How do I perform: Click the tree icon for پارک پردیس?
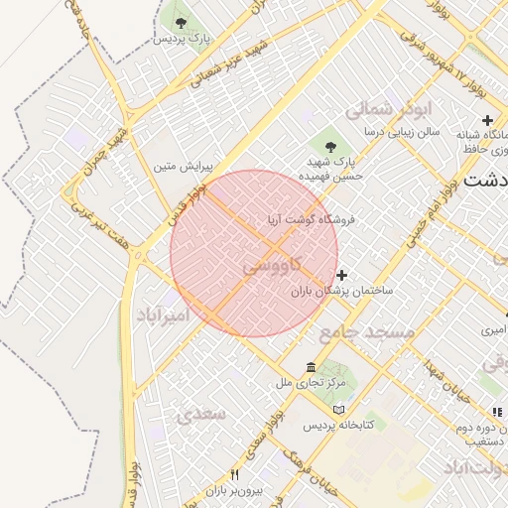point(180,22)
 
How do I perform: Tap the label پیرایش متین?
point(178,166)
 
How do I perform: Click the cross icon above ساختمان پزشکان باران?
point(342,275)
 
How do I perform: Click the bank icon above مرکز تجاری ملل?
point(312,366)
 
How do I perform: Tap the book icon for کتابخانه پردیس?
point(339,410)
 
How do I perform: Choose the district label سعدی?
point(200,416)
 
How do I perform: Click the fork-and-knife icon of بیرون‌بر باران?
point(234,474)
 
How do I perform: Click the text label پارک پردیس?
point(183,39)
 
